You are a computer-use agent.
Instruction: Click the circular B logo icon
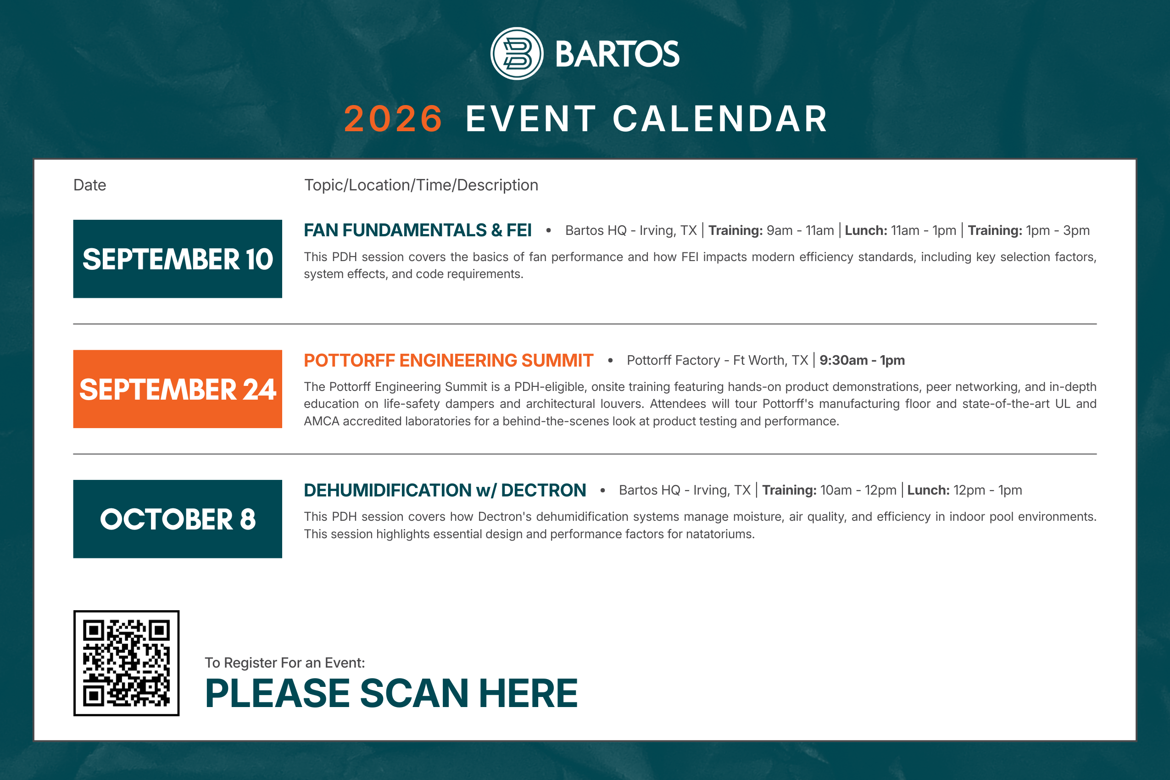[517, 53]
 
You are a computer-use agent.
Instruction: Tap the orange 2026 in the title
[393, 119]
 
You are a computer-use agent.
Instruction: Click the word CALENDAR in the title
[720, 119]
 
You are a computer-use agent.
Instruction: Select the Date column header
[89, 185]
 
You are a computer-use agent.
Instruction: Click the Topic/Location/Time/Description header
[421, 185]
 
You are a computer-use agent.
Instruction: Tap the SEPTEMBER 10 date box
[178, 259]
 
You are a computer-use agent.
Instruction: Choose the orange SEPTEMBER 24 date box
[178, 389]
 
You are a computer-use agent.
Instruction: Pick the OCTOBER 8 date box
[178, 519]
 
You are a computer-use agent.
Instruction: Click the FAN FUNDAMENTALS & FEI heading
[418, 230]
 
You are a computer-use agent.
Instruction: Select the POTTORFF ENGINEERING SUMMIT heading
[449, 360]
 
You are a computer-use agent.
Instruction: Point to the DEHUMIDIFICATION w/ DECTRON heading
[445, 490]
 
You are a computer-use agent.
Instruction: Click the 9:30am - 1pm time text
[862, 360]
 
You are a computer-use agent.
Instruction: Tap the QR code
[126, 663]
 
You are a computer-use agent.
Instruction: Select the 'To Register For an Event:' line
[285, 663]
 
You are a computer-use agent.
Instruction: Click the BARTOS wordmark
[617, 54]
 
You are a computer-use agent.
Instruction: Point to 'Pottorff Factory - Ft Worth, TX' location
[717, 360]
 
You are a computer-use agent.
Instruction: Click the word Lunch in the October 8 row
[927, 490]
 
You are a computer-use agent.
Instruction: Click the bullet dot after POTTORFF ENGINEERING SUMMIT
[610, 360]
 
